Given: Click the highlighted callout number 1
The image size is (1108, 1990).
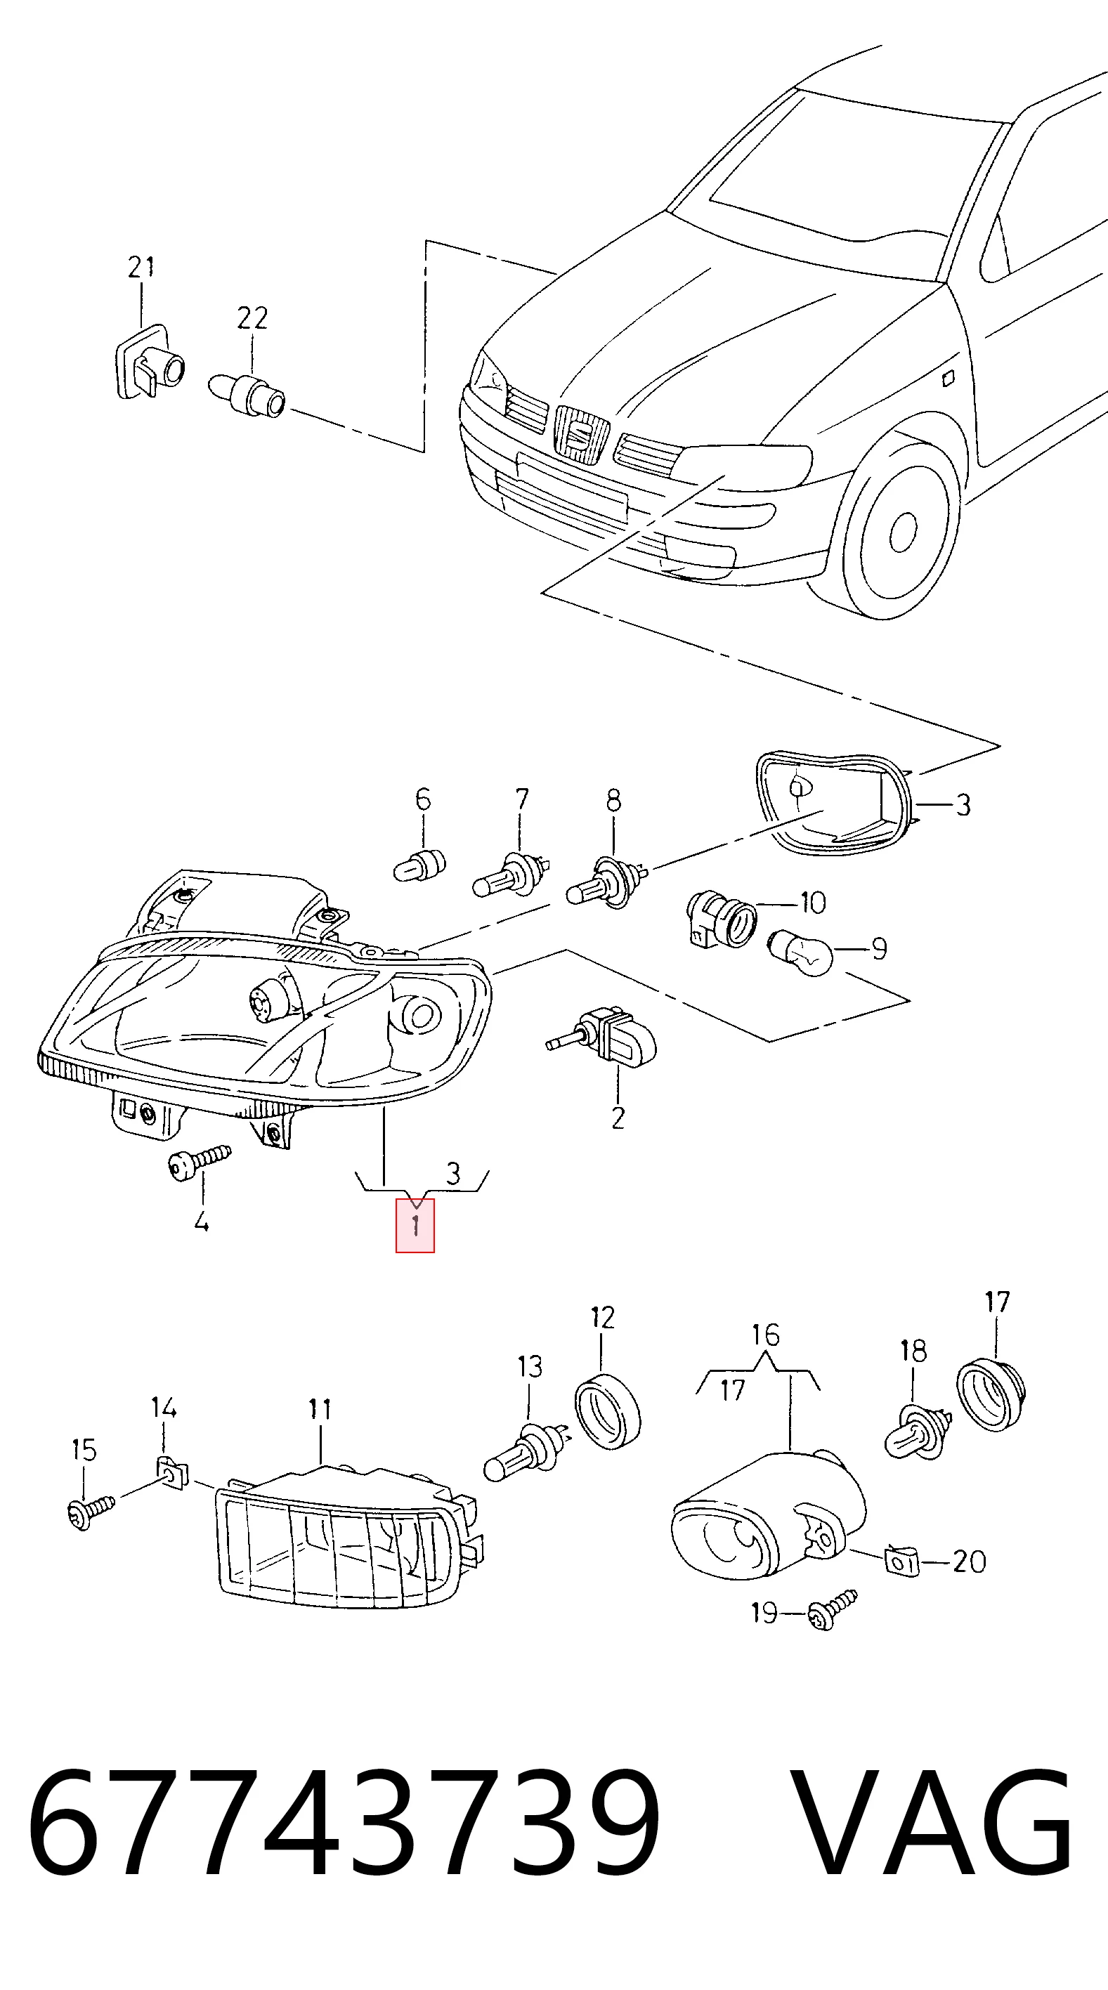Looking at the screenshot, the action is click(415, 1225).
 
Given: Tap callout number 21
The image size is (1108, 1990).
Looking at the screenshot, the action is click(141, 268).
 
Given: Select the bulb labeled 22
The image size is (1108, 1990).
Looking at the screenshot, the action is click(248, 394).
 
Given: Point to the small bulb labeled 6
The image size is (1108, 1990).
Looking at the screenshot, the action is click(421, 864).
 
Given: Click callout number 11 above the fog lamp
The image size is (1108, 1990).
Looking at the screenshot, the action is click(320, 1409).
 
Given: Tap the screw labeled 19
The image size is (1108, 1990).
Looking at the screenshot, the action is click(832, 1611).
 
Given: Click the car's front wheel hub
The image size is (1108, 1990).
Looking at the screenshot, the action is click(902, 532).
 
